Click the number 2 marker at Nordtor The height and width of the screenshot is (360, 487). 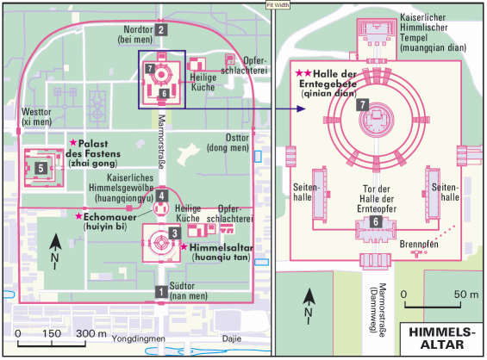(161, 30)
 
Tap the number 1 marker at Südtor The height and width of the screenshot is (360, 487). (161, 292)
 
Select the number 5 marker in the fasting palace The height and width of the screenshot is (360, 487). (41, 168)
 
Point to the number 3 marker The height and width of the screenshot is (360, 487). (175, 233)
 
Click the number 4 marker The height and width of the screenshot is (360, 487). (161, 196)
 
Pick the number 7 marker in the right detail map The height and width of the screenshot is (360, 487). (363, 105)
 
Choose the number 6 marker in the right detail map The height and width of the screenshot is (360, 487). (376, 221)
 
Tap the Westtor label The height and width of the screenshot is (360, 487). (36, 116)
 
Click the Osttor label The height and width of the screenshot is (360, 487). (228, 143)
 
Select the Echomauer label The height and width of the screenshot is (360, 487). (110, 217)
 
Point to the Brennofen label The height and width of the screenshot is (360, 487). (419, 245)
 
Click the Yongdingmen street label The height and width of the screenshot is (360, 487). (139, 338)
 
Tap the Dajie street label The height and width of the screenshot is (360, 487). (232, 338)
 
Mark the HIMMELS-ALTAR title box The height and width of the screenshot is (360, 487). (441, 338)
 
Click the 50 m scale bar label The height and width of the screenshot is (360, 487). (465, 295)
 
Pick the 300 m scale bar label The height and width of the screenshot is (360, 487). (91, 333)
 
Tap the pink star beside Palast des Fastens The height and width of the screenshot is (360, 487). (73, 142)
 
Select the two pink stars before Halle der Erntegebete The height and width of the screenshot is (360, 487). (303, 73)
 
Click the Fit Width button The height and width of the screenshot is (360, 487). (278, 5)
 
